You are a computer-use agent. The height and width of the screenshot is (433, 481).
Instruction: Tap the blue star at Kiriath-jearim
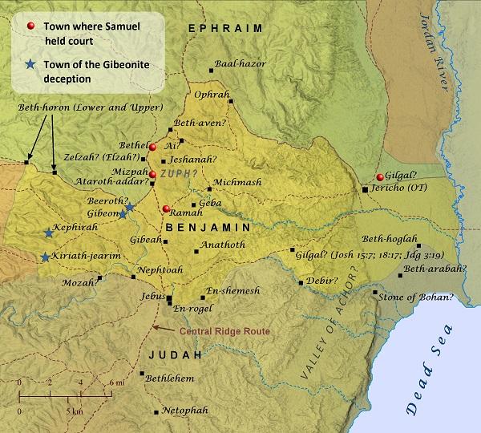44,257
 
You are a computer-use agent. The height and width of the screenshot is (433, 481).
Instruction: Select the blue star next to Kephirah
48,233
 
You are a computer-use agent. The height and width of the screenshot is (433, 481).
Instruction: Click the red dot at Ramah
166,209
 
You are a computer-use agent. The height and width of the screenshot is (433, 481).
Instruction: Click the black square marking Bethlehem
142,374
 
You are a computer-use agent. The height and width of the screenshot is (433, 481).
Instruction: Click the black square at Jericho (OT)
365,190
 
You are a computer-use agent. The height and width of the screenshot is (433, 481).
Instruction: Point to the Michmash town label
238,182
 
